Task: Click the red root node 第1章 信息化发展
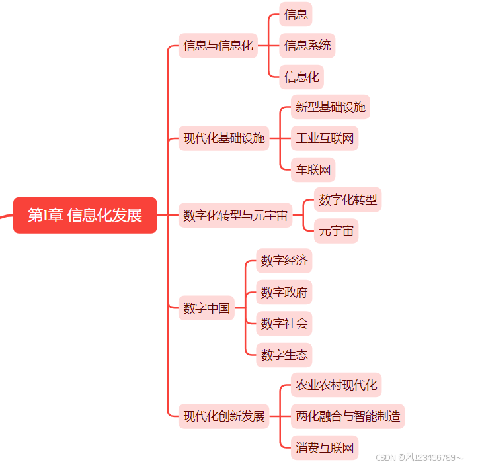point(85,215)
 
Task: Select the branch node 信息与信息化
point(218,46)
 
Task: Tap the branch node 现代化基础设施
point(224,138)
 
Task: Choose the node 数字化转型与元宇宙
point(235,216)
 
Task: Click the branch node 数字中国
point(206,308)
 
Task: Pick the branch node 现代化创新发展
point(224,416)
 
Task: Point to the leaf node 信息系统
point(307,46)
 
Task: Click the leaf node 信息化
point(301,77)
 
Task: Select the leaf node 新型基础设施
point(330,107)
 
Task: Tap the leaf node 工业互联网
point(325,138)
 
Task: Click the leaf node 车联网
point(313,169)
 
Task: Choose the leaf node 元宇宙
point(336,231)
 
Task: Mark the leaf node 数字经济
point(284,261)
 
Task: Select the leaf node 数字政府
point(284,292)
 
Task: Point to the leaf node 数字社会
point(284,324)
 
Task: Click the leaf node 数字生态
point(284,355)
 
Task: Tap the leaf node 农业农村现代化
point(336,385)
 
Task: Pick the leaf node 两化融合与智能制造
point(347,416)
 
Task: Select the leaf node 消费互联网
point(325,447)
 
